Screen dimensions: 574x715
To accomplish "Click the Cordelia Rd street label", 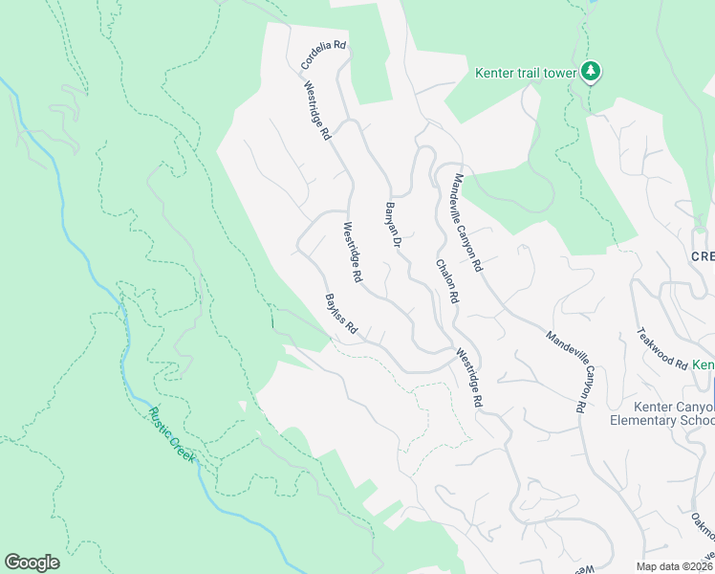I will tap(323, 55).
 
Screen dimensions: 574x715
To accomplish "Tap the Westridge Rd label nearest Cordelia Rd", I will tap(317, 111).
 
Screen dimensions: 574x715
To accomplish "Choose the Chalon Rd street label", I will tap(447, 282).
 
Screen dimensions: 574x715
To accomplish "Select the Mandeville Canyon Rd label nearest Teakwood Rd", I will tap(566, 371).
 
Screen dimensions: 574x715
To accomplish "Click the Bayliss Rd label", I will tap(340, 315).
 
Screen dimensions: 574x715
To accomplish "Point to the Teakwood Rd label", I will tap(662, 349).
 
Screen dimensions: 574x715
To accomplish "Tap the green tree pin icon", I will tap(592, 72).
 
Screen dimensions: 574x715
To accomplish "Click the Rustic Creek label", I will tap(172, 435).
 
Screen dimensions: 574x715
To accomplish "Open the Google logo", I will tap(32, 563).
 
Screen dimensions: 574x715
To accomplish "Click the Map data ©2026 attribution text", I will tap(674, 566).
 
